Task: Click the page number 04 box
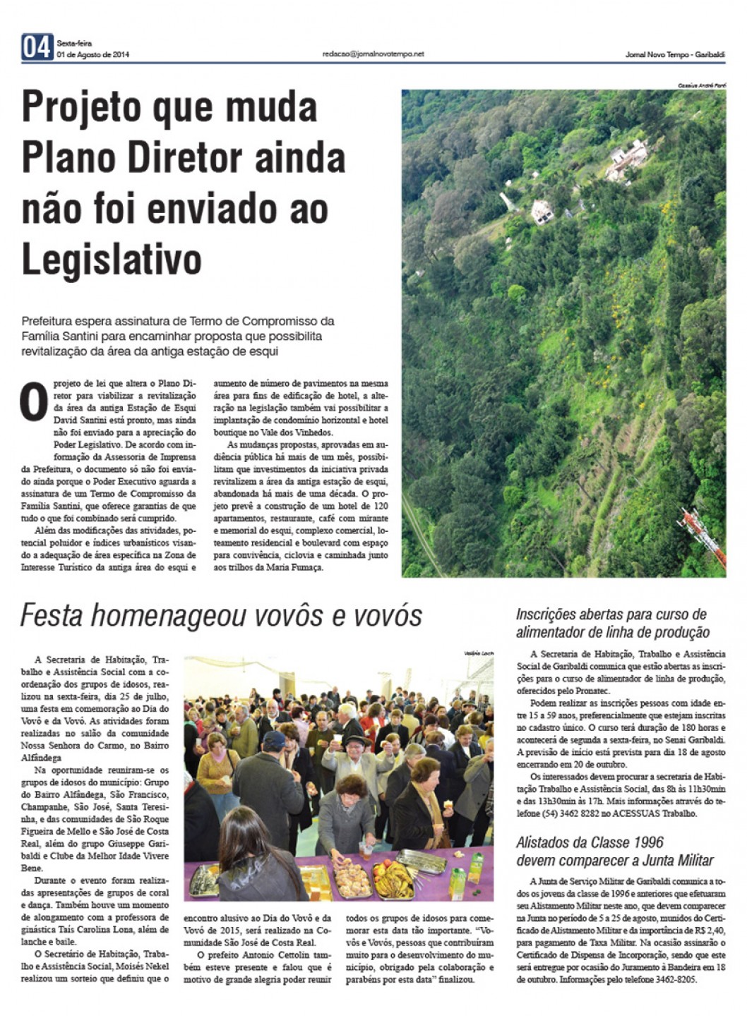(37, 47)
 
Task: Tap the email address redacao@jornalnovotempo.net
(373, 54)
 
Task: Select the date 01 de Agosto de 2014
(93, 55)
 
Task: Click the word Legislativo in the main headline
(112, 260)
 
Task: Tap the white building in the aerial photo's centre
(542, 210)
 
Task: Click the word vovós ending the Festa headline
(387, 615)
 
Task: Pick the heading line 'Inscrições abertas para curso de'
(611, 614)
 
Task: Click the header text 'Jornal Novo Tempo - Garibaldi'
(675, 55)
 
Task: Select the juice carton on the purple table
(457, 878)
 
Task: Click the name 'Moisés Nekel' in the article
(141, 967)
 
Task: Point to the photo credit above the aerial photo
(702, 85)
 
